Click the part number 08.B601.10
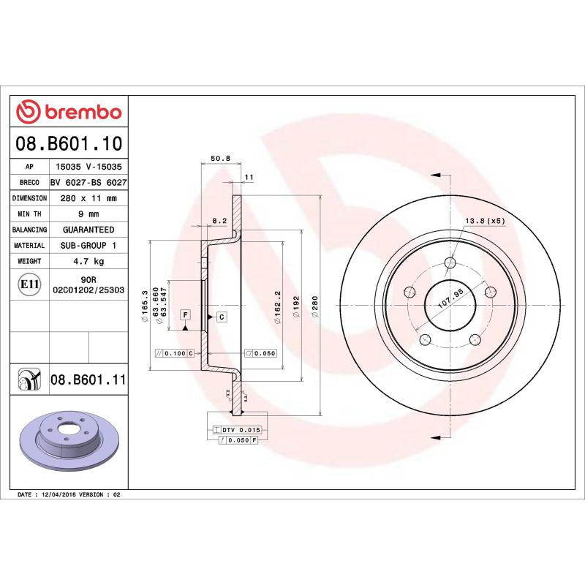coord(69,143)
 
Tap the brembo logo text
coord(69,112)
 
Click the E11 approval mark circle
coord(30,284)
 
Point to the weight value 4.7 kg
coord(88,261)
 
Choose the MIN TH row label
coord(30,214)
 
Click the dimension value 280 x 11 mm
coord(88,198)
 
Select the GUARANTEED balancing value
coord(88,230)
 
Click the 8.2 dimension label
coord(219,219)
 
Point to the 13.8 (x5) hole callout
coord(485,221)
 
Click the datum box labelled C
coord(220,316)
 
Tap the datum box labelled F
coord(186,314)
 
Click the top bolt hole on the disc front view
coord(450,263)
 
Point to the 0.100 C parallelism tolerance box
coord(175,353)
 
